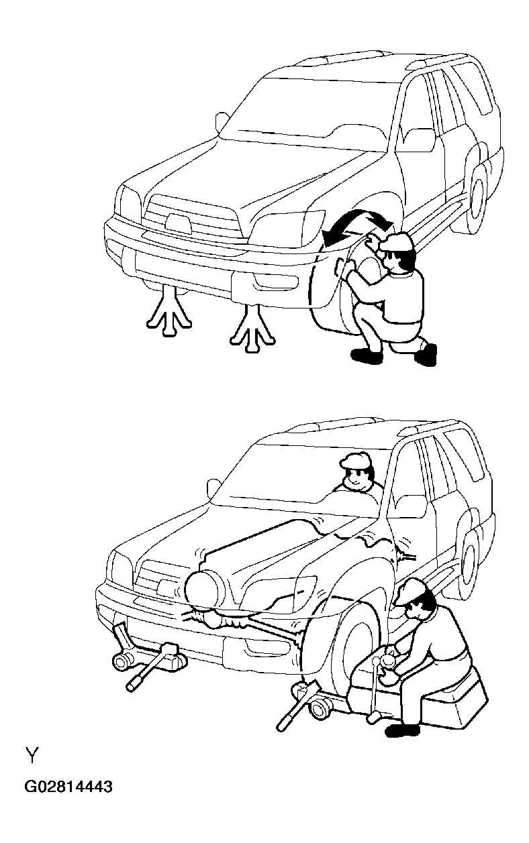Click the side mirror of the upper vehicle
point(222,122)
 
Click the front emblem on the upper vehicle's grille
point(177,221)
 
